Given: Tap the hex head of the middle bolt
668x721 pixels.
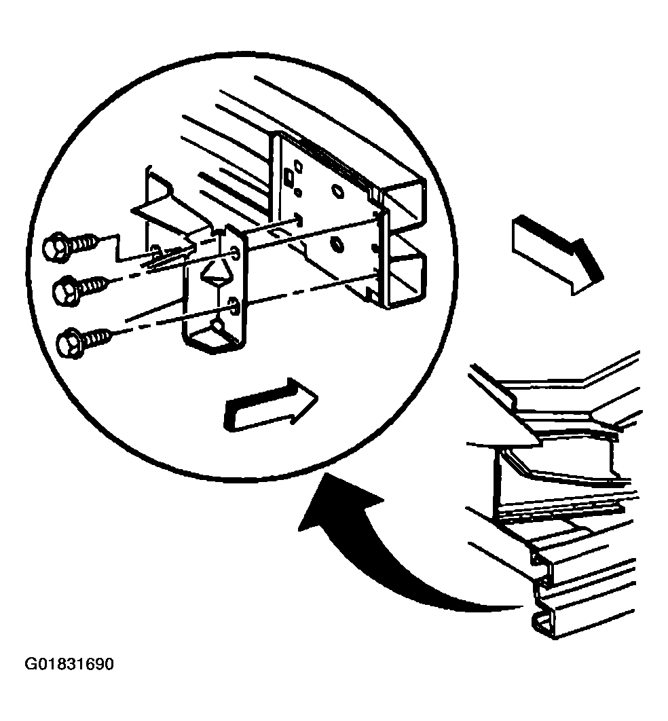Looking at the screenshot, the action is (67, 291).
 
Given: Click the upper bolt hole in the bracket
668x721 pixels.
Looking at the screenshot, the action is (235, 253).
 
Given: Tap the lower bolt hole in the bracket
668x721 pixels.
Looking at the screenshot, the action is (234, 306).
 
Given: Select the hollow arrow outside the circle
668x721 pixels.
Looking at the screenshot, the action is (557, 255).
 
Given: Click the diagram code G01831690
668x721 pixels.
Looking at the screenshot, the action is (69, 664).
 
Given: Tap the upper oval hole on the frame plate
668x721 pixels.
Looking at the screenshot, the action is (337, 191).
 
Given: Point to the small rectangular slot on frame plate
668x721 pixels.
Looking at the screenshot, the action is (289, 175).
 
